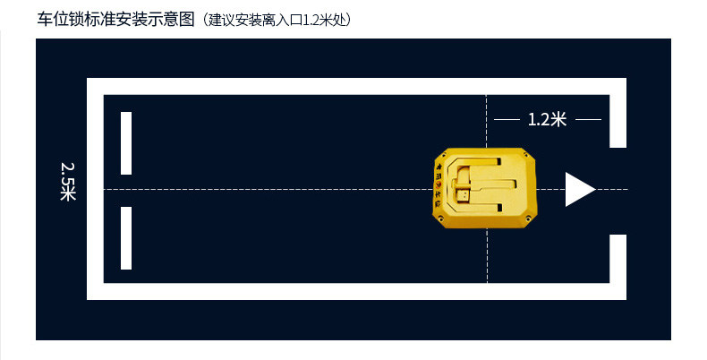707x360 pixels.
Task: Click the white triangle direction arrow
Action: point(578,190)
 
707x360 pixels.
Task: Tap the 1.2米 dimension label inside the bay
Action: point(547,119)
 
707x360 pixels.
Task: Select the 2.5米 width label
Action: point(68,181)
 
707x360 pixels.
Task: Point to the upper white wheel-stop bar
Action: point(126,143)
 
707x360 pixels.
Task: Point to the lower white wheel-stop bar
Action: point(126,238)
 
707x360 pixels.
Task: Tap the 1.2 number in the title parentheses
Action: point(312,19)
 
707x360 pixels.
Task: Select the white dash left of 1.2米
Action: point(507,119)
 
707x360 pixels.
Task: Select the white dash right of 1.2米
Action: point(588,119)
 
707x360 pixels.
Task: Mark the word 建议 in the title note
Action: point(219,19)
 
